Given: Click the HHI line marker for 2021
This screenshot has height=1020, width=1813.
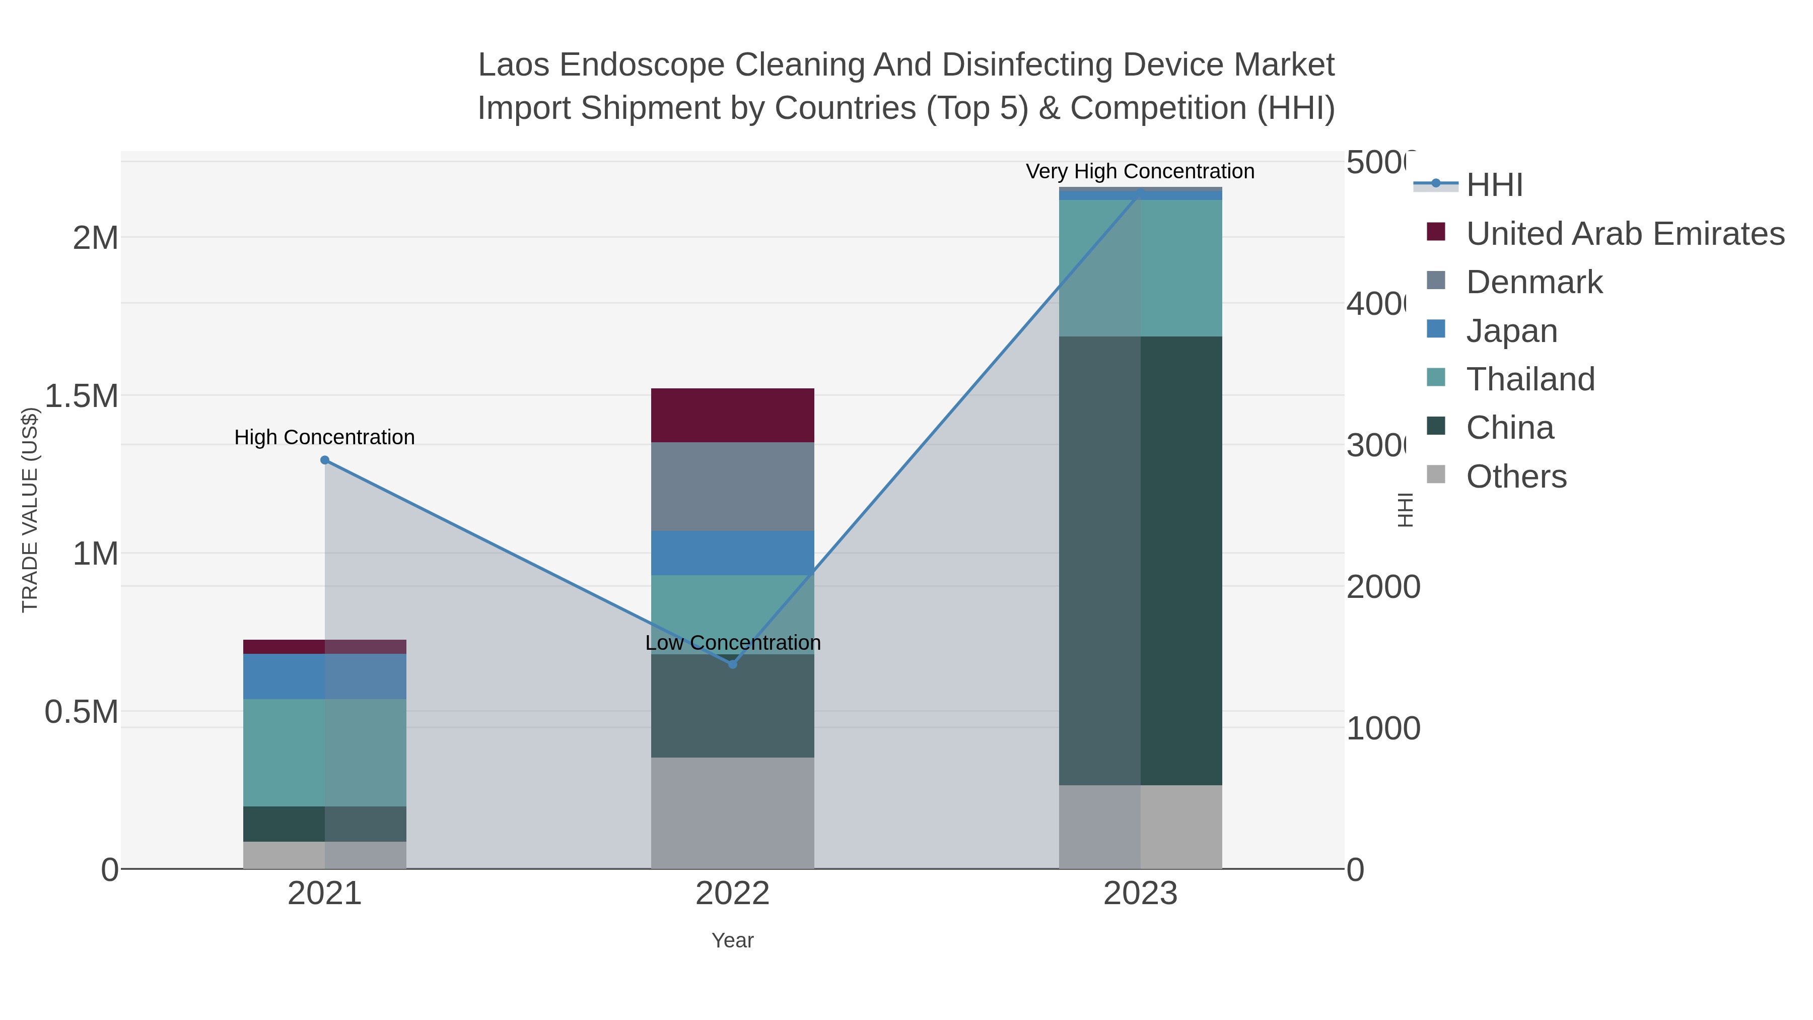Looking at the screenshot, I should [324, 460].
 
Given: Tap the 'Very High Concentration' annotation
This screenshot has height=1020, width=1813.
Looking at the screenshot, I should [1140, 172].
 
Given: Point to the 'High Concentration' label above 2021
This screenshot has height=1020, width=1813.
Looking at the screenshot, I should [324, 437].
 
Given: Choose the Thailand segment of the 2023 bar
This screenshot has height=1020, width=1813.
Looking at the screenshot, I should [1140, 268].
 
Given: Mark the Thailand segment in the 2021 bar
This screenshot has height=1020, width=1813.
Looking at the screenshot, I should [324, 753].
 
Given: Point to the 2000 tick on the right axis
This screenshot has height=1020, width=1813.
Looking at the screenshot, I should [1382, 587].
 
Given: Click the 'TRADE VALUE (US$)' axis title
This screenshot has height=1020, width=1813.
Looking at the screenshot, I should [30, 510].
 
